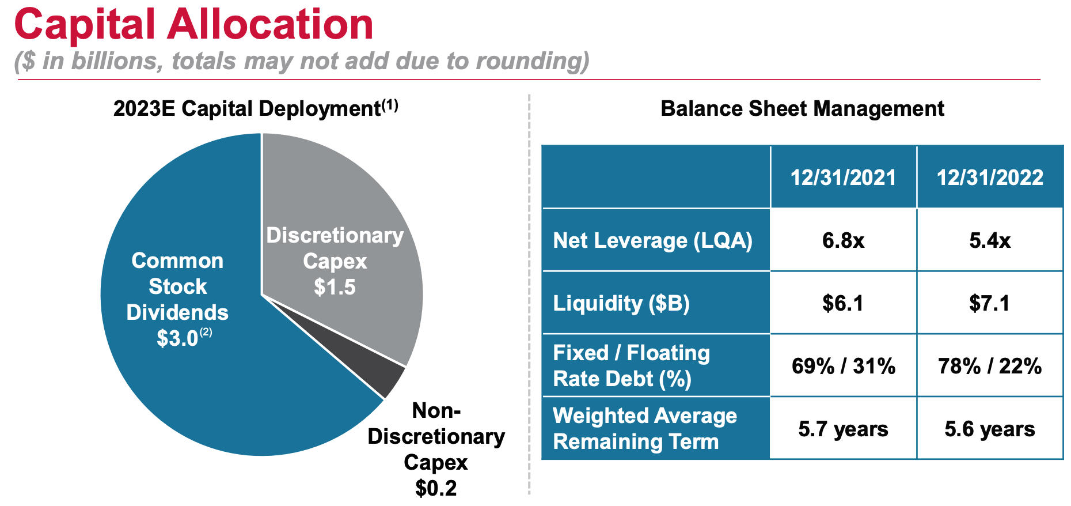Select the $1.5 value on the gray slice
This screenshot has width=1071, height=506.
click(335, 287)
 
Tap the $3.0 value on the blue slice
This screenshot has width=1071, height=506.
click(177, 338)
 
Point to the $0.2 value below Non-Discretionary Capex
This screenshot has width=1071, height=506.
click(436, 488)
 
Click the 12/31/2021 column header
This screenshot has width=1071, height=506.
click(843, 178)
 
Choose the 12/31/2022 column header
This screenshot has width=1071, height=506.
click(990, 178)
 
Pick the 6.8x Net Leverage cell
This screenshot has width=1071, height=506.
click(843, 240)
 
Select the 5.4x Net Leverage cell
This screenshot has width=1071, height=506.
click(990, 240)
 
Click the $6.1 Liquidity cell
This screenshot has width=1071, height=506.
click(843, 303)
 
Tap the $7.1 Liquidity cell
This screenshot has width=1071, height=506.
click(990, 303)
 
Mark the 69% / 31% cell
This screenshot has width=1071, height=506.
click(843, 366)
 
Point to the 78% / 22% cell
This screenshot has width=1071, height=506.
click(990, 366)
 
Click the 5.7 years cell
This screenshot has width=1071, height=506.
click(843, 429)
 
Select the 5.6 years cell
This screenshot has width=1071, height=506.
click(990, 429)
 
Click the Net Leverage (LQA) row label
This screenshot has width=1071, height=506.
click(652, 240)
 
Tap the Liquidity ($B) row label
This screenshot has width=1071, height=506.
click(621, 303)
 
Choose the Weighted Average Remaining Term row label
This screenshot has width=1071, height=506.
click(644, 429)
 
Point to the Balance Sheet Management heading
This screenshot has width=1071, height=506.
click(802, 108)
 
